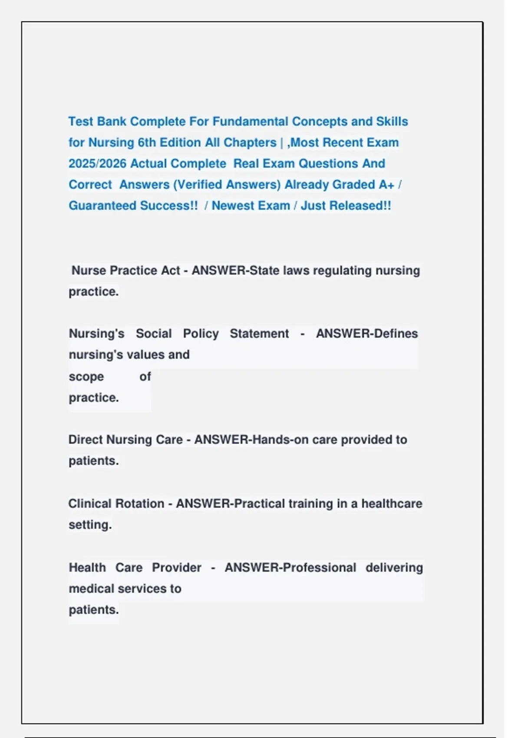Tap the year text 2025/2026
(98, 164)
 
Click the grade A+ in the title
(386, 184)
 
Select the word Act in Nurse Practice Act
(170, 270)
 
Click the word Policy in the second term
(201, 333)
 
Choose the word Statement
(259, 333)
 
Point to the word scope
(86, 376)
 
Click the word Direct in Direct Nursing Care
(86, 440)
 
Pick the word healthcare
(392, 504)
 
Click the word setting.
(90, 525)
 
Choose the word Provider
(176, 567)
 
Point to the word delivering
(394, 567)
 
